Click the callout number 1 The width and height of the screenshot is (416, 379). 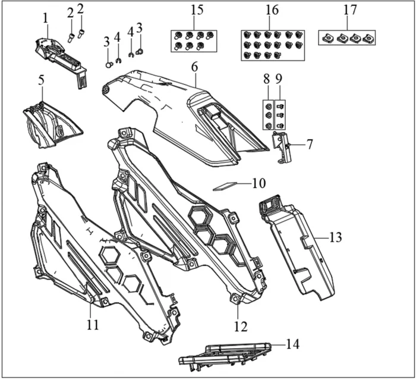tap(45, 18)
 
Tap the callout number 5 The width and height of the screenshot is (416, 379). tap(42, 80)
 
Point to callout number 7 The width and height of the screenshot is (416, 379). tap(309, 144)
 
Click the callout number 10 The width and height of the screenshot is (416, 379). tap(259, 184)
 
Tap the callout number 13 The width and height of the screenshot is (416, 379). tap(336, 237)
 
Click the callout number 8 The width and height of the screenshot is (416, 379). tap(267, 78)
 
